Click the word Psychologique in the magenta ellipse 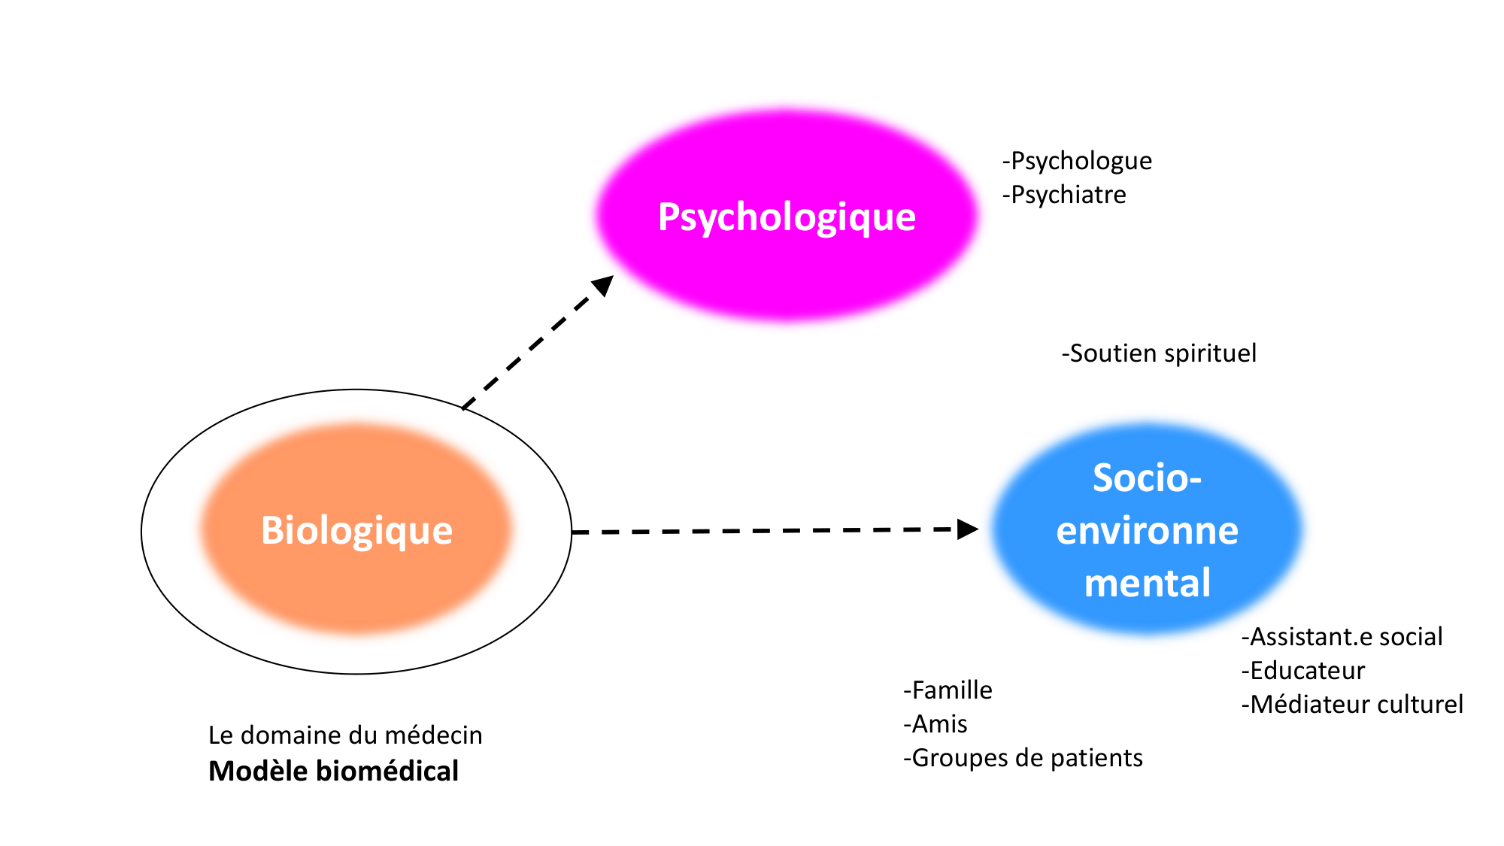pyautogui.click(x=787, y=217)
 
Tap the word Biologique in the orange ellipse pyautogui.click(x=356, y=530)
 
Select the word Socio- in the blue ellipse pyautogui.click(x=1147, y=478)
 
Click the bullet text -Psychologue pyautogui.click(x=1077, y=161)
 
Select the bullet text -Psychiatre pyautogui.click(x=1064, y=195)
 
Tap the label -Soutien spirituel pyautogui.click(x=1159, y=353)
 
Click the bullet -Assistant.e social pyautogui.click(x=1342, y=637)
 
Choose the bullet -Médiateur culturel pyautogui.click(x=1352, y=705)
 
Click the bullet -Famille pyautogui.click(x=948, y=690)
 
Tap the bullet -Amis pyautogui.click(x=935, y=724)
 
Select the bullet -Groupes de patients pyautogui.click(x=1023, y=758)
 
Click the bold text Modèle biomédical pyautogui.click(x=333, y=772)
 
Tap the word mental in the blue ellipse pyautogui.click(x=1147, y=584)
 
